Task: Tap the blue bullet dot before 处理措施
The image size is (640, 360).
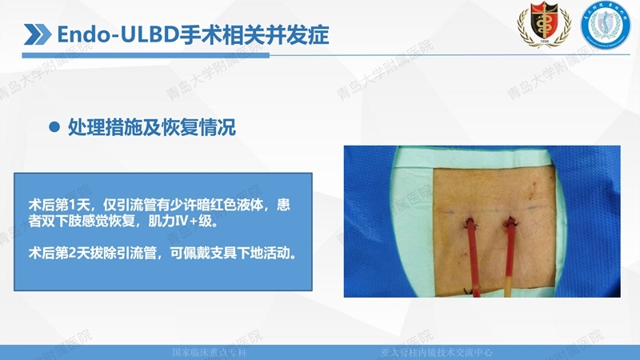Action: pyautogui.click(x=55, y=127)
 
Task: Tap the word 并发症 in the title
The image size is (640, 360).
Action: pyautogui.click(x=303, y=34)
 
